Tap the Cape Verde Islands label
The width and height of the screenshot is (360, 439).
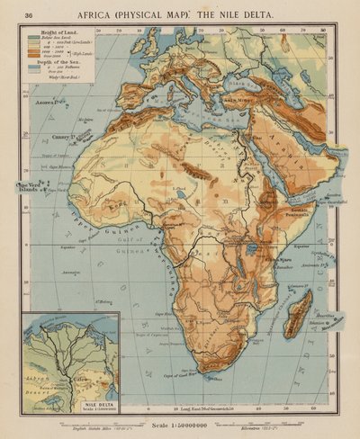click(x=31, y=188)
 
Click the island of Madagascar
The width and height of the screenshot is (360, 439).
click(x=297, y=310)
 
